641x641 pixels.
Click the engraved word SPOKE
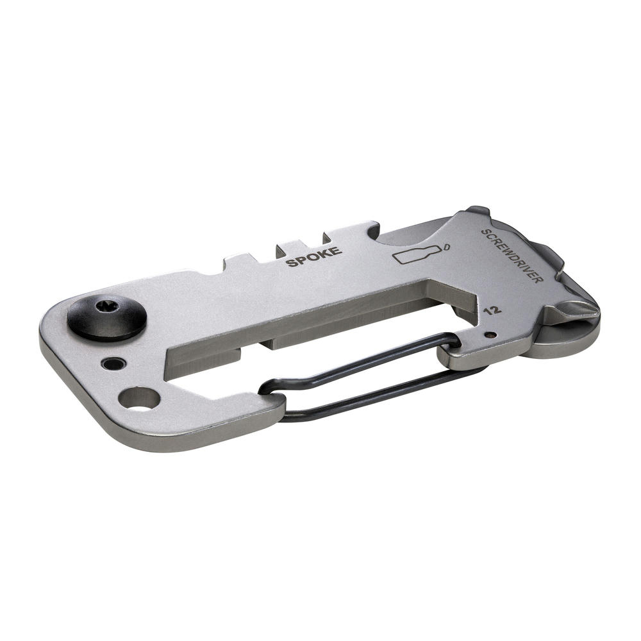(x=314, y=257)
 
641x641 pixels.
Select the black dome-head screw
(x=107, y=317)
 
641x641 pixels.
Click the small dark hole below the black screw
(x=113, y=364)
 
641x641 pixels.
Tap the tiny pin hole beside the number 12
(x=490, y=334)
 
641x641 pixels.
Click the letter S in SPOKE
(x=292, y=262)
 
